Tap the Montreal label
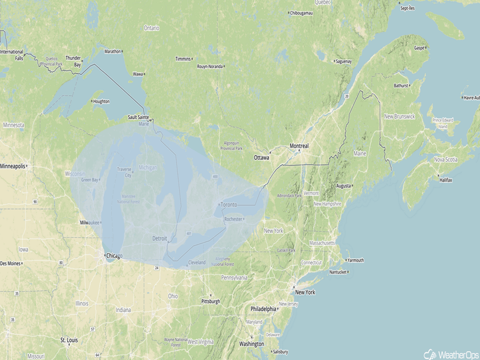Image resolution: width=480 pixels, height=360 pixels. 299,146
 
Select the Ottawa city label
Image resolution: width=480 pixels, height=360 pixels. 261,158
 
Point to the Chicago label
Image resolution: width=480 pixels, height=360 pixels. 116,255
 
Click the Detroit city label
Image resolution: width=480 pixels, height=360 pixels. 159,238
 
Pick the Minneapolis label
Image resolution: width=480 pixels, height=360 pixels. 12,166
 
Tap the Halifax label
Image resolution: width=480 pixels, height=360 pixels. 446,180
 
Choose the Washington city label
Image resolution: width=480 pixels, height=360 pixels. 251,344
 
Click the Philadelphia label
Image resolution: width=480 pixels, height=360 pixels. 263,309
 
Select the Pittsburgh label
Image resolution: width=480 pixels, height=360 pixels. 211,301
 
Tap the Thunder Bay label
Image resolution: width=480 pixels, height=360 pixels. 73,61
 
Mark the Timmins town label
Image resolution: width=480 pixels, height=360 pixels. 183,59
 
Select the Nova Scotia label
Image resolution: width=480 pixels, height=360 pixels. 446,160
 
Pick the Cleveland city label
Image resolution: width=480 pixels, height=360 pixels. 197,262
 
